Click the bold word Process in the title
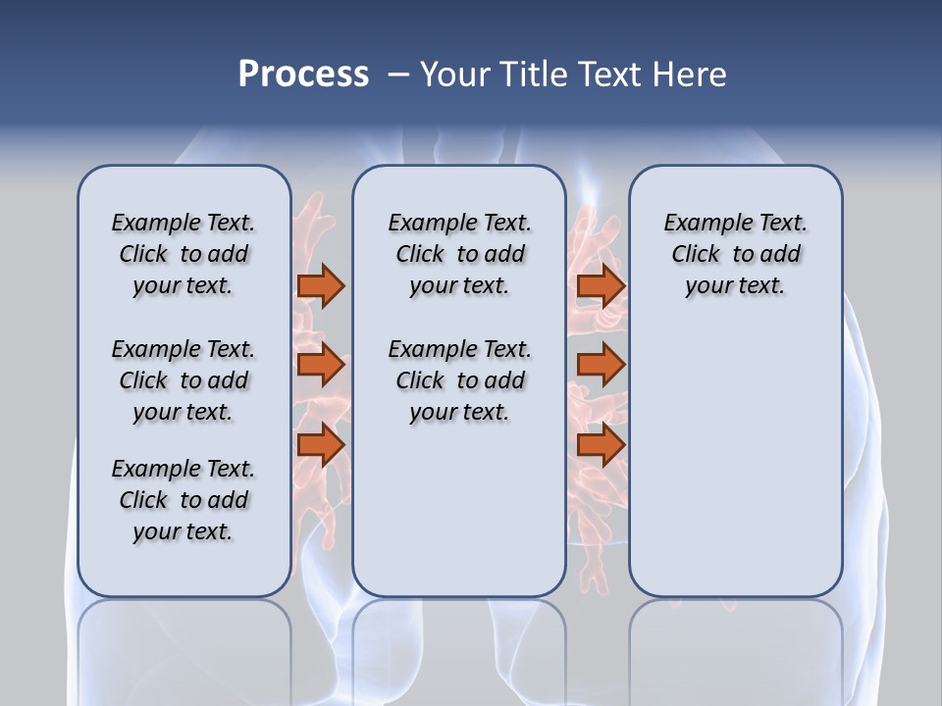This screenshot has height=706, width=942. [303, 75]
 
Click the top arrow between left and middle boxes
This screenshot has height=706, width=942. [321, 285]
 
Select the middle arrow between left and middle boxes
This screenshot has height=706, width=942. [321, 365]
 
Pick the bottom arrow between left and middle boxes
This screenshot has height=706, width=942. [321, 444]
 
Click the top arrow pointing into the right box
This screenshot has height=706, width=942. [601, 285]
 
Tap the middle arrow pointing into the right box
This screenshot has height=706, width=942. [601, 365]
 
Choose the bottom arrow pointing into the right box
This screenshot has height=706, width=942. [601, 444]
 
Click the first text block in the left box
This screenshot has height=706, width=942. [183, 254]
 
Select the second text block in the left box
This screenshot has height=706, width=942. [183, 380]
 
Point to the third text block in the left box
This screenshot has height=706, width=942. [183, 500]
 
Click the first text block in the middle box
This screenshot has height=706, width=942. [459, 254]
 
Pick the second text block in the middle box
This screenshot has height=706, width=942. [459, 380]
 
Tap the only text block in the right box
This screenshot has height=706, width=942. [735, 254]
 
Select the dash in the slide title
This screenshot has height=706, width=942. [398, 75]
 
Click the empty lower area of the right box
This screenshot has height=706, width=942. [735, 471]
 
